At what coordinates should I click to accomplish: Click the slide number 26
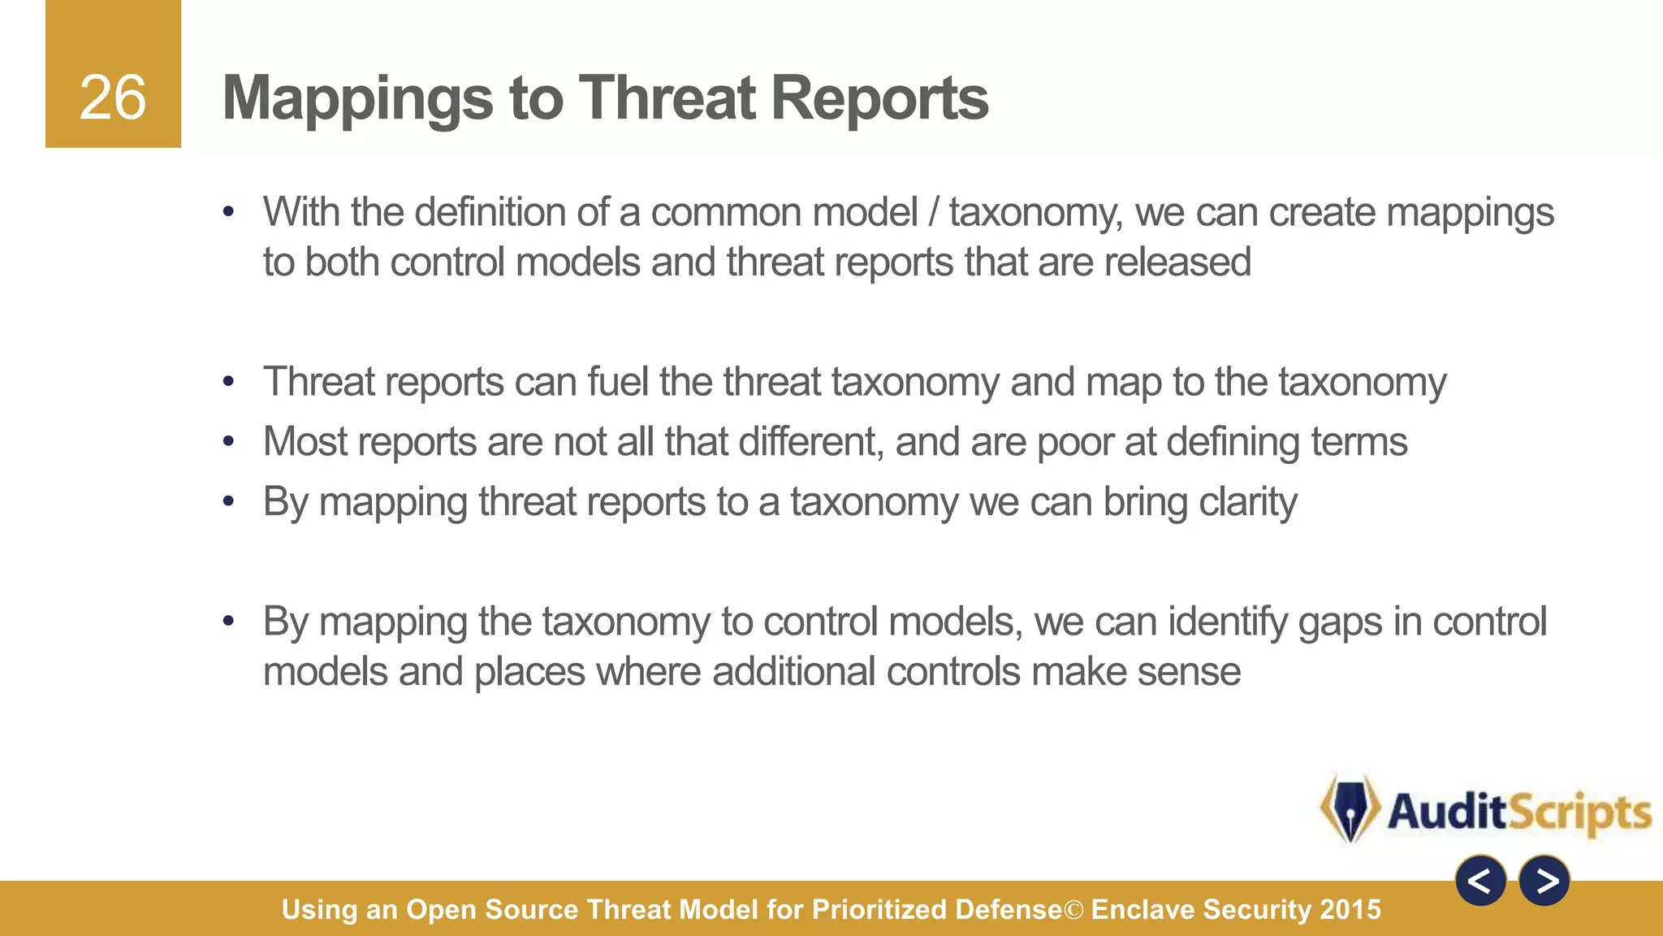(x=113, y=98)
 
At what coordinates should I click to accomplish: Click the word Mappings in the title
(x=357, y=99)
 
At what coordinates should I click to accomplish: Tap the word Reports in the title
(x=879, y=99)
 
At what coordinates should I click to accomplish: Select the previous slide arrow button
(x=1480, y=881)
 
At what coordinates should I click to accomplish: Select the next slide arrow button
(x=1544, y=881)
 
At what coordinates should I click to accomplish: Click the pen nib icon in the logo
(x=1350, y=809)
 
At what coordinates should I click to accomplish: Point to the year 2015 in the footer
(x=1350, y=909)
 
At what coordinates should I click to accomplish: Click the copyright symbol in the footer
(x=1073, y=910)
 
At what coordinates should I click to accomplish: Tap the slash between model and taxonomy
(x=934, y=213)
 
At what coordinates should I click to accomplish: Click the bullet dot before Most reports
(x=229, y=442)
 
